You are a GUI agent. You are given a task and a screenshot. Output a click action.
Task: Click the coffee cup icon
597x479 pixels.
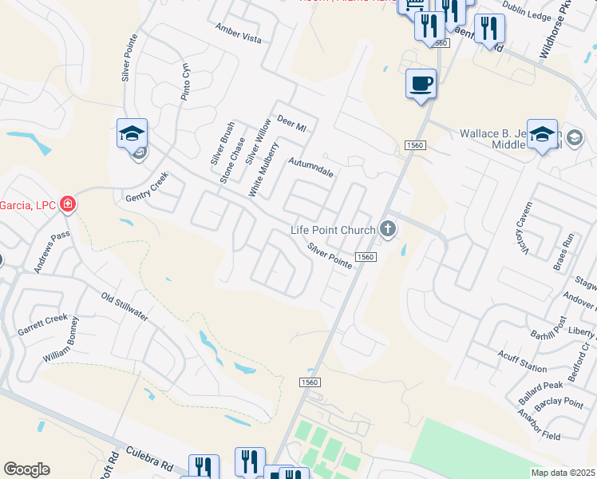[421, 83]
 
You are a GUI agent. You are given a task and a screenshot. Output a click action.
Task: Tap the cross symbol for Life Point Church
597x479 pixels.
[388, 231]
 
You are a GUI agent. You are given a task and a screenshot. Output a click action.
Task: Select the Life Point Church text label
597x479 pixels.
[332, 231]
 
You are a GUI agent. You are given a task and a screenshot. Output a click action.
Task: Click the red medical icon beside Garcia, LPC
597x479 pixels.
[68, 205]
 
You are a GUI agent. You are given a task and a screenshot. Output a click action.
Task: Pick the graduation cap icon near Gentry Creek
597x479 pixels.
[132, 133]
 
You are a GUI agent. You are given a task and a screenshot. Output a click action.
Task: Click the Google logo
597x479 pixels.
[26, 469]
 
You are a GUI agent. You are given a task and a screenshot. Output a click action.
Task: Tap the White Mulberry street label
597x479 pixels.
[263, 169]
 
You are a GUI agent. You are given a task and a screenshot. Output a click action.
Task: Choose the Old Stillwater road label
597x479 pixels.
[125, 307]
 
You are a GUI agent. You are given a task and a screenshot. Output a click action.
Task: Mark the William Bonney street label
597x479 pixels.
[62, 340]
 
